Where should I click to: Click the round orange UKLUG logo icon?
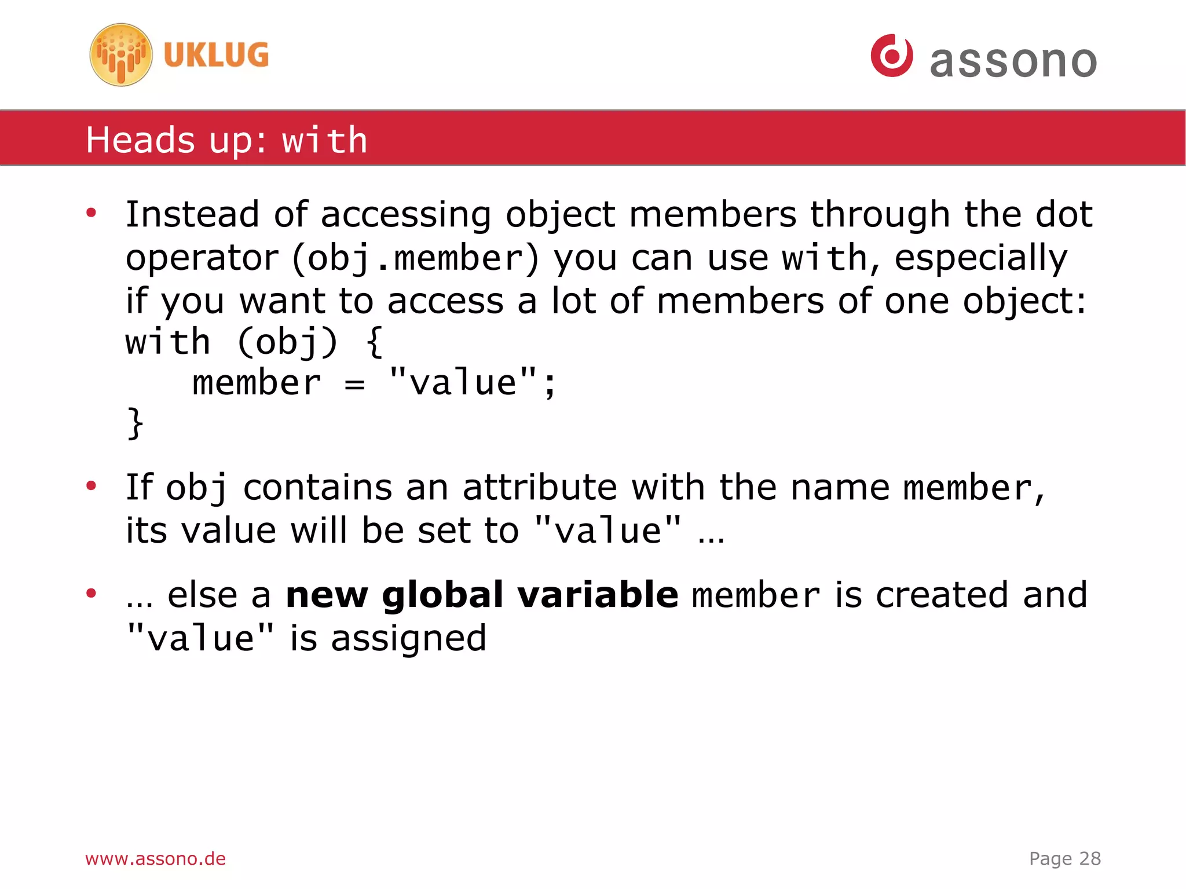(121, 55)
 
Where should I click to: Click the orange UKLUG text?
(216, 56)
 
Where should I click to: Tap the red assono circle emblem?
(892, 56)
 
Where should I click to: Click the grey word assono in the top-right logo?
(1013, 61)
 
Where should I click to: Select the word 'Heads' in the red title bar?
(140, 141)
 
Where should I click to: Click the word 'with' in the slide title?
(324, 141)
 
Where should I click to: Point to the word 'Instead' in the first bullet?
(192, 214)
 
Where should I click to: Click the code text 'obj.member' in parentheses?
(415, 258)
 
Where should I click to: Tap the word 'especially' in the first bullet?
(980, 258)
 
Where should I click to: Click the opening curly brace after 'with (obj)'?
(375, 342)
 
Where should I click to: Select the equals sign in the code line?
(354, 384)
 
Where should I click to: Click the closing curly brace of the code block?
(135, 423)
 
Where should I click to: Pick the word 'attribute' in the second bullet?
(540, 487)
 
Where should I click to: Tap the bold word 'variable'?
(597, 595)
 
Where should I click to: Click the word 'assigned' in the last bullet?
(408, 639)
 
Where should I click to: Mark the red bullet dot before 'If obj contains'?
(91, 485)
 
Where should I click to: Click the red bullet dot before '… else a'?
(91, 593)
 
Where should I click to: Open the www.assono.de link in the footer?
(155, 858)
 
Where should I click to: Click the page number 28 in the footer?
(1090, 858)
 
